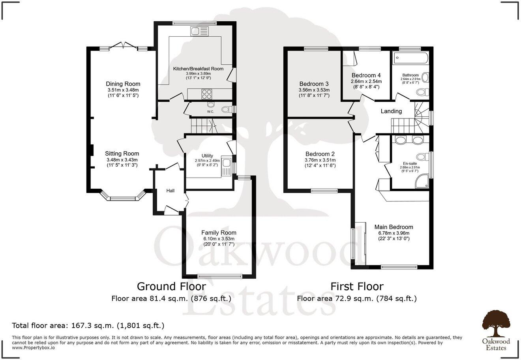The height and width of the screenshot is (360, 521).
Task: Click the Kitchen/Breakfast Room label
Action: point(198,69)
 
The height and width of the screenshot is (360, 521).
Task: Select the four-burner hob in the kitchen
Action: point(207,94)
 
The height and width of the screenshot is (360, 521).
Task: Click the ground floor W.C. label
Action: point(210,112)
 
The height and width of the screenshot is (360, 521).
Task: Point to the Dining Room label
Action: point(123,84)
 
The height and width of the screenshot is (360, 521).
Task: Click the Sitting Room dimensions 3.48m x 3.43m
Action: point(122,160)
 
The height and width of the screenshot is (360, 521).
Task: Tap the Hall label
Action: point(170,191)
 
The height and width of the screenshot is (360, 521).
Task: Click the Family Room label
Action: point(219,233)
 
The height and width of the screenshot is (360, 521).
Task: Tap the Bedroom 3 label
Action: point(314,84)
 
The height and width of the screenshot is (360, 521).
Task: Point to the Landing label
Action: point(391,111)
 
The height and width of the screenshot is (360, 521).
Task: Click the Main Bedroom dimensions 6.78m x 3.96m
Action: point(394,233)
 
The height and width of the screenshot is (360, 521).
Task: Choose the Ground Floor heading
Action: point(171,286)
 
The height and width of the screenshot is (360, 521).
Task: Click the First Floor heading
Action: point(356,286)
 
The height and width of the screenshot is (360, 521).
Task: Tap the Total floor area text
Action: point(88,326)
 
